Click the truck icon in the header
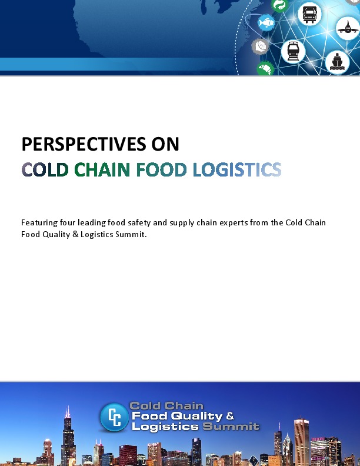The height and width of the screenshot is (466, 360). click(x=309, y=14)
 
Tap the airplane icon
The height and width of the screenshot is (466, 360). click(x=345, y=28)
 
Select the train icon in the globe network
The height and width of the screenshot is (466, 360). click(x=293, y=51)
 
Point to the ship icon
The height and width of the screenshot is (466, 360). click(x=337, y=61)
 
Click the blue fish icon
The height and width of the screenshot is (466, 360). click(x=266, y=23)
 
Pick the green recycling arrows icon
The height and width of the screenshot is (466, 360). click(x=280, y=5)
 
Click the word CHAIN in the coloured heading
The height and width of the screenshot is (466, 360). click(x=103, y=170)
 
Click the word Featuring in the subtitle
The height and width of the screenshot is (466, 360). click(x=40, y=222)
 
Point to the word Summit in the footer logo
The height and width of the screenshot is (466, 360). click(x=231, y=427)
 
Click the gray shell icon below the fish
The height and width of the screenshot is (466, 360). click(x=260, y=46)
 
